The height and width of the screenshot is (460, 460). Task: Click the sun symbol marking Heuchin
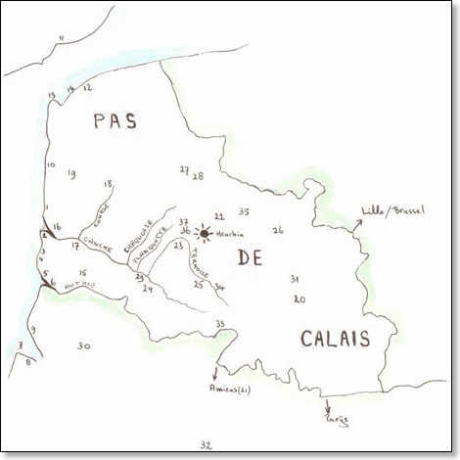[203, 233]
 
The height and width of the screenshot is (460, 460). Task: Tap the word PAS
[115, 122]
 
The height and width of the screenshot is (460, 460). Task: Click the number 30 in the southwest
[84, 345]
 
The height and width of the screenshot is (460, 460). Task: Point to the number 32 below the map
[205, 445]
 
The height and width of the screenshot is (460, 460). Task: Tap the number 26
[278, 230]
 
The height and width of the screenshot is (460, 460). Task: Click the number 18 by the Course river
[108, 183]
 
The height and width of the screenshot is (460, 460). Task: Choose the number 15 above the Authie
[84, 273]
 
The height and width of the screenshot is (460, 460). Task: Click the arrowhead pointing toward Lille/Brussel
[360, 222]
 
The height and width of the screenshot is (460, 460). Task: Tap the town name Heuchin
[229, 233]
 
